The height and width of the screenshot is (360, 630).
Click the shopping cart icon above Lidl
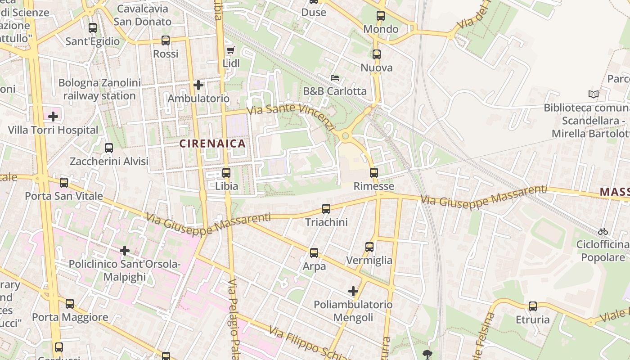[231, 50]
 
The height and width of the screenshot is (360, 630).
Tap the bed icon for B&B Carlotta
[334, 78]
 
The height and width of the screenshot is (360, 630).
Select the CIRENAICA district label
[212, 144]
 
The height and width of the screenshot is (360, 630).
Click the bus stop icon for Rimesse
[374, 172]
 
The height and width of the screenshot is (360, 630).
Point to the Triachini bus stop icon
[326, 208]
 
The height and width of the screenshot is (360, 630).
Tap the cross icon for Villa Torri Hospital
[53, 117]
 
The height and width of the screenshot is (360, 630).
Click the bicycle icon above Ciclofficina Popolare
[603, 231]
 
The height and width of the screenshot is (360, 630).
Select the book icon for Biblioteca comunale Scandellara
[594, 94]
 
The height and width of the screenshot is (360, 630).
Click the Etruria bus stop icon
[533, 306]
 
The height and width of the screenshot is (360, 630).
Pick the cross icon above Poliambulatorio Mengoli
[353, 291]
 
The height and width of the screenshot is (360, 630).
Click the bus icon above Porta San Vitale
[64, 182]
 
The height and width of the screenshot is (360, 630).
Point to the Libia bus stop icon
[226, 172]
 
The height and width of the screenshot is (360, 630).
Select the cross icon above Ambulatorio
[198, 85]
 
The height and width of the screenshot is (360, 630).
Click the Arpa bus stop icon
[314, 252]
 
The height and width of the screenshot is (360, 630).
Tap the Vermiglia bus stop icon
[369, 247]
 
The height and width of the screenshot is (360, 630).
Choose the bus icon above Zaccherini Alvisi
[108, 148]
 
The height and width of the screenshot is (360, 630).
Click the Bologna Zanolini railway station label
[99, 89]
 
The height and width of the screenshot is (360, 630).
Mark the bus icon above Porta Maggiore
[70, 304]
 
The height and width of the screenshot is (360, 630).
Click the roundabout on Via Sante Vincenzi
[345, 135]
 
